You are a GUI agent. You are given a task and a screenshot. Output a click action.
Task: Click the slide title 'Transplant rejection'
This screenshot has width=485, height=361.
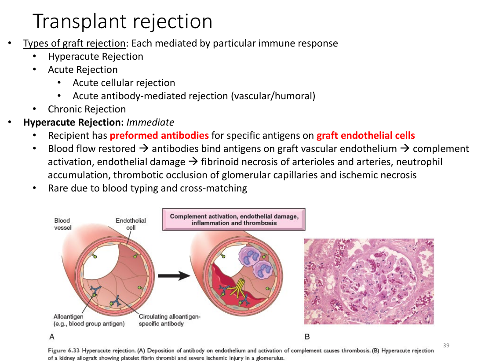click(123, 22)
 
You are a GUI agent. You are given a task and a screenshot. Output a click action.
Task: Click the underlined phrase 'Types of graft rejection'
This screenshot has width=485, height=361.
click(75, 43)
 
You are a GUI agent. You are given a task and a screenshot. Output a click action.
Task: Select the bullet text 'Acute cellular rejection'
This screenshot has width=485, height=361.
click(124, 83)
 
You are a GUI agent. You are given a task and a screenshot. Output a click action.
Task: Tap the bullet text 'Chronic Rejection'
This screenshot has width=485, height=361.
click(87, 109)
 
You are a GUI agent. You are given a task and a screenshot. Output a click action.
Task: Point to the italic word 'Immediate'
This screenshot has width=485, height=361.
click(150, 122)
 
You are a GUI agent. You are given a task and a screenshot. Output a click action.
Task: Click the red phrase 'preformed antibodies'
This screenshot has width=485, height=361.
click(159, 135)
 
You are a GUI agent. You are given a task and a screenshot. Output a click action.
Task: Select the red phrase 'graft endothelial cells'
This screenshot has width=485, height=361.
click(365, 135)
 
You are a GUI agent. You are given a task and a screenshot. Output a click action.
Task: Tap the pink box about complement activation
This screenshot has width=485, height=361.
click(234, 220)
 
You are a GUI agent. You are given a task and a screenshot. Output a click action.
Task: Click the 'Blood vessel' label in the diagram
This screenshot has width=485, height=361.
click(62, 224)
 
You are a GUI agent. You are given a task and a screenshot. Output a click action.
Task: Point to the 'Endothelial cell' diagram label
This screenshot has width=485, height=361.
click(131, 224)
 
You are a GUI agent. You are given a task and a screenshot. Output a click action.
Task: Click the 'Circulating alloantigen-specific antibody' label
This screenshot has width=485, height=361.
click(169, 320)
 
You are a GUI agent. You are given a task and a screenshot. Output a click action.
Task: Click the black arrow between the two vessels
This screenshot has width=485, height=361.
click(174, 275)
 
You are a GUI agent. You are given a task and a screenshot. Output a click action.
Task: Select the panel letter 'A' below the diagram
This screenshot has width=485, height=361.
click(51, 336)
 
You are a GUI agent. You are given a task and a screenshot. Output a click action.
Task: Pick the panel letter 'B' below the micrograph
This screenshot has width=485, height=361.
click(307, 336)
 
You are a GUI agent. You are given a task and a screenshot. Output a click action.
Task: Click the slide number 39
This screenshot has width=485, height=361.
click(446, 346)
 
